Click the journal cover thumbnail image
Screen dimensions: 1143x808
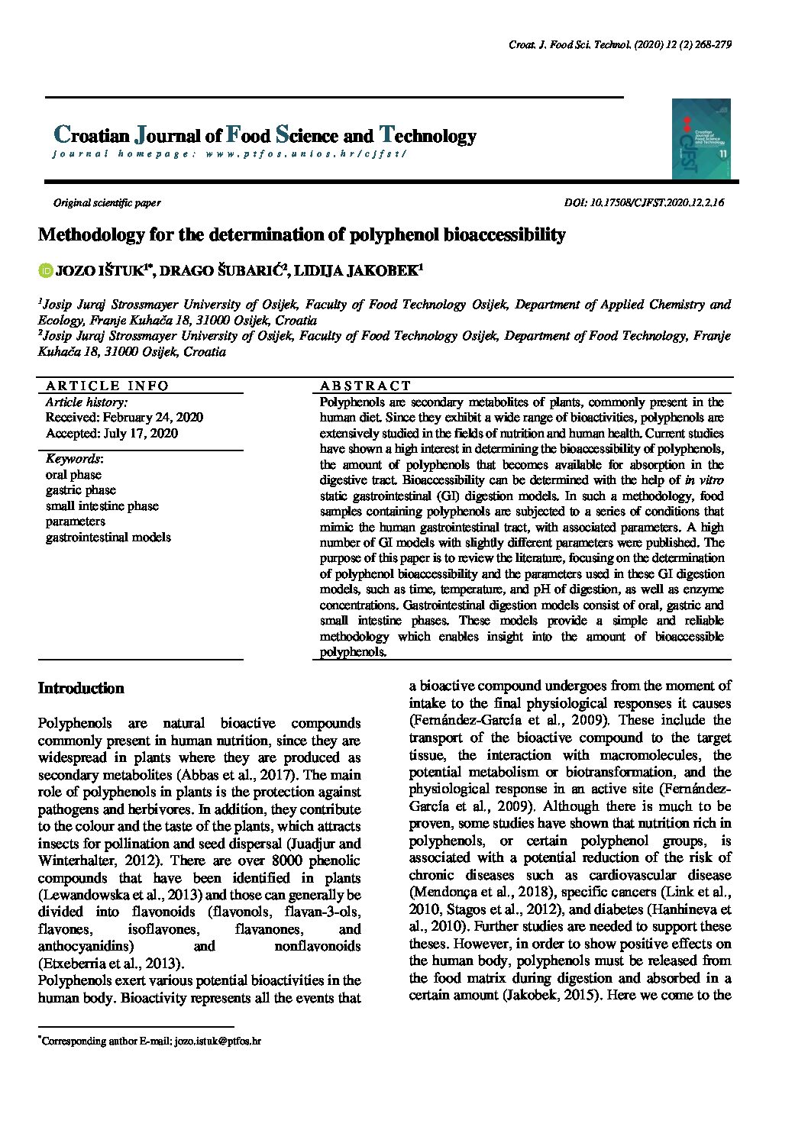click(701, 138)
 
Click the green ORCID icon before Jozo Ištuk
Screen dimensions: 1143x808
click(45, 270)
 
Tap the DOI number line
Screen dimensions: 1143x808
click(644, 203)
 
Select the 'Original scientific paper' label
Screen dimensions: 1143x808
click(107, 203)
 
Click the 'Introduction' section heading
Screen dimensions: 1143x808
click(81, 688)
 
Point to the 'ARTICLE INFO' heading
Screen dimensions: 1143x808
click(107, 386)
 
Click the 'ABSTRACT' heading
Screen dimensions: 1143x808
click(366, 386)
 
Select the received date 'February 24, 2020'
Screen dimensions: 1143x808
click(153, 417)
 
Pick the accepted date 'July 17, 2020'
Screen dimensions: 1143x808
click(139, 433)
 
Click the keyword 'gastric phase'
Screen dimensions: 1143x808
click(81, 490)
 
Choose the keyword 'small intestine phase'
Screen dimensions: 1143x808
click(102, 505)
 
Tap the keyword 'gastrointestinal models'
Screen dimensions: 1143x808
click(108, 537)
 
